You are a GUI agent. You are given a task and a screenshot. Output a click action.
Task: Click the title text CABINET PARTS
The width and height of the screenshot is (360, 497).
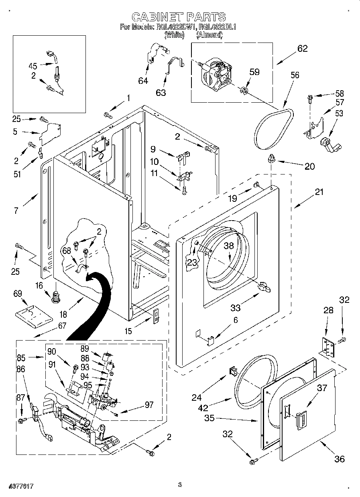[x=179, y=16]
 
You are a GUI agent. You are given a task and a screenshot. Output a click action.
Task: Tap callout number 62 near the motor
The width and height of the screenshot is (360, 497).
[x=302, y=49]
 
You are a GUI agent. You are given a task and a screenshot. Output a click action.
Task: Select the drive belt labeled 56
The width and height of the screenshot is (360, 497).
[x=274, y=126]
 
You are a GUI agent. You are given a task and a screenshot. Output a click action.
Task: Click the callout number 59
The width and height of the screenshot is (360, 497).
[x=254, y=72]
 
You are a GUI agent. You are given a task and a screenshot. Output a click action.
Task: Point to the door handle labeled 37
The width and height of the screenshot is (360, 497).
[x=301, y=419]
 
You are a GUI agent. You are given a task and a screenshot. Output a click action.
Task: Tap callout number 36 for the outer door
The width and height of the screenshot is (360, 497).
[x=340, y=458]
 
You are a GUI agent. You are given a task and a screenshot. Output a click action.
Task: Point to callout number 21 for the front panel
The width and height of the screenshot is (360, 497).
[x=319, y=192]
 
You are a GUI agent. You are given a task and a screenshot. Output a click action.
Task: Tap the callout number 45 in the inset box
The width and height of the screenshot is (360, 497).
[x=33, y=67]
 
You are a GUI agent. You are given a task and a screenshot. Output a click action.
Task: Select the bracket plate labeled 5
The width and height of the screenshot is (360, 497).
[x=50, y=132]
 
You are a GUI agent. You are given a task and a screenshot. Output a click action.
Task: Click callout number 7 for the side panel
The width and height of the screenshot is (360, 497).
[x=16, y=210]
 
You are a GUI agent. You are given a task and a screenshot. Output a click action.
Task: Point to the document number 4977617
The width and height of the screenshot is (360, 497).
[x=19, y=486]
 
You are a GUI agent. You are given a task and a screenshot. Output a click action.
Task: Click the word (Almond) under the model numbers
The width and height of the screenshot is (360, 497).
[x=209, y=35]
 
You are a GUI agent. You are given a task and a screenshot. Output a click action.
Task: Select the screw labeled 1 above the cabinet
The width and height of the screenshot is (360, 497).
[x=108, y=115]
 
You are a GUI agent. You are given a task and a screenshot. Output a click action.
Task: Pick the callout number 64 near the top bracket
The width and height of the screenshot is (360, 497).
[x=143, y=81]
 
